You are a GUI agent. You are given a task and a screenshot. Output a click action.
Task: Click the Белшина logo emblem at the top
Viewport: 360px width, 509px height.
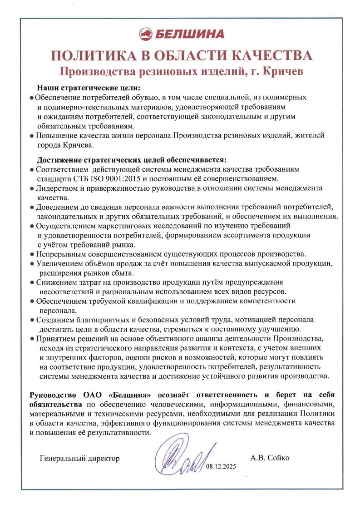tap(146, 34)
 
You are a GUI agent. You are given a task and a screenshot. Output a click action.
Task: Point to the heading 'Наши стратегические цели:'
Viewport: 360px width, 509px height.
tap(89, 88)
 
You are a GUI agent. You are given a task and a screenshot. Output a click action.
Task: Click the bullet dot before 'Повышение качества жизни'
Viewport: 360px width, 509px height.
tap(31, 136)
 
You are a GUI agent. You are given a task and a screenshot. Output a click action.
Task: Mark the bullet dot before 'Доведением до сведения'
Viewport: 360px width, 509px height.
tap(31, 207)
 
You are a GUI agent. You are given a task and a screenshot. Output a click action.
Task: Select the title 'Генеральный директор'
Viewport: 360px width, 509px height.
tap(80, 458)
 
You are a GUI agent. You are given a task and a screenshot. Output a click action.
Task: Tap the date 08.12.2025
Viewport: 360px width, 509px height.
tap(222, 467)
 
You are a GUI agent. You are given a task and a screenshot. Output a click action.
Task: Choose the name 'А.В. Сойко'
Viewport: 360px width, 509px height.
tap(270, 458)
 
